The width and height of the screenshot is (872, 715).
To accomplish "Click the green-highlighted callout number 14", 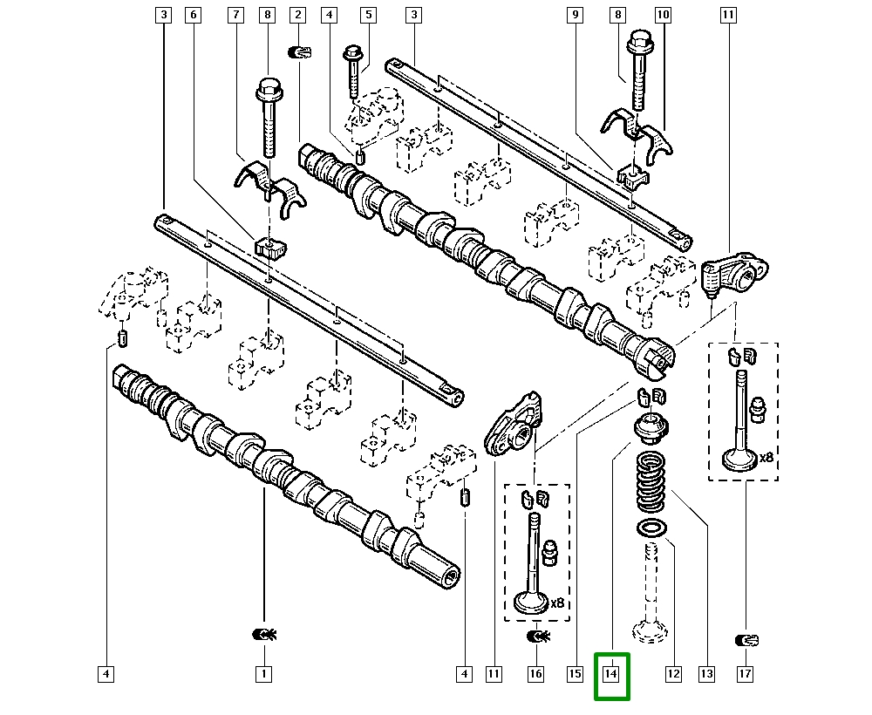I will point(611,674).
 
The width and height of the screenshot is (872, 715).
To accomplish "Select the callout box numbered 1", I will point(263,674).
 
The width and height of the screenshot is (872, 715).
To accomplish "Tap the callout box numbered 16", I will point(535,674).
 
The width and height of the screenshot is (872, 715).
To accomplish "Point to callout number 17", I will point(746,674).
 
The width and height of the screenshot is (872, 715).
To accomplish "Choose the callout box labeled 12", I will point(672,674).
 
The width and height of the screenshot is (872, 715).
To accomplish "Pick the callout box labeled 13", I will point(706,674).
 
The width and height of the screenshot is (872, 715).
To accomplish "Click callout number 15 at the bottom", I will point(574,674).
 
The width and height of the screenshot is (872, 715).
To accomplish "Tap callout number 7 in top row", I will point(235,15).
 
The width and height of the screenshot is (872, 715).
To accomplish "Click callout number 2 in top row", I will point(298,15).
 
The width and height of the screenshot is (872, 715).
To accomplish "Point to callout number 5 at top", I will point(368,15).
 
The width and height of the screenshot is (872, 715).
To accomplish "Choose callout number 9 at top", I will point(574,15).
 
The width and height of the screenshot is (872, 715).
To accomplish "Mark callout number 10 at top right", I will point(663,15).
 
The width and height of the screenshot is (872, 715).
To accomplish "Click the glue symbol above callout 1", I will point(263,634).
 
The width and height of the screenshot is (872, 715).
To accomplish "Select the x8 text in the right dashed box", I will point(766,457).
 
